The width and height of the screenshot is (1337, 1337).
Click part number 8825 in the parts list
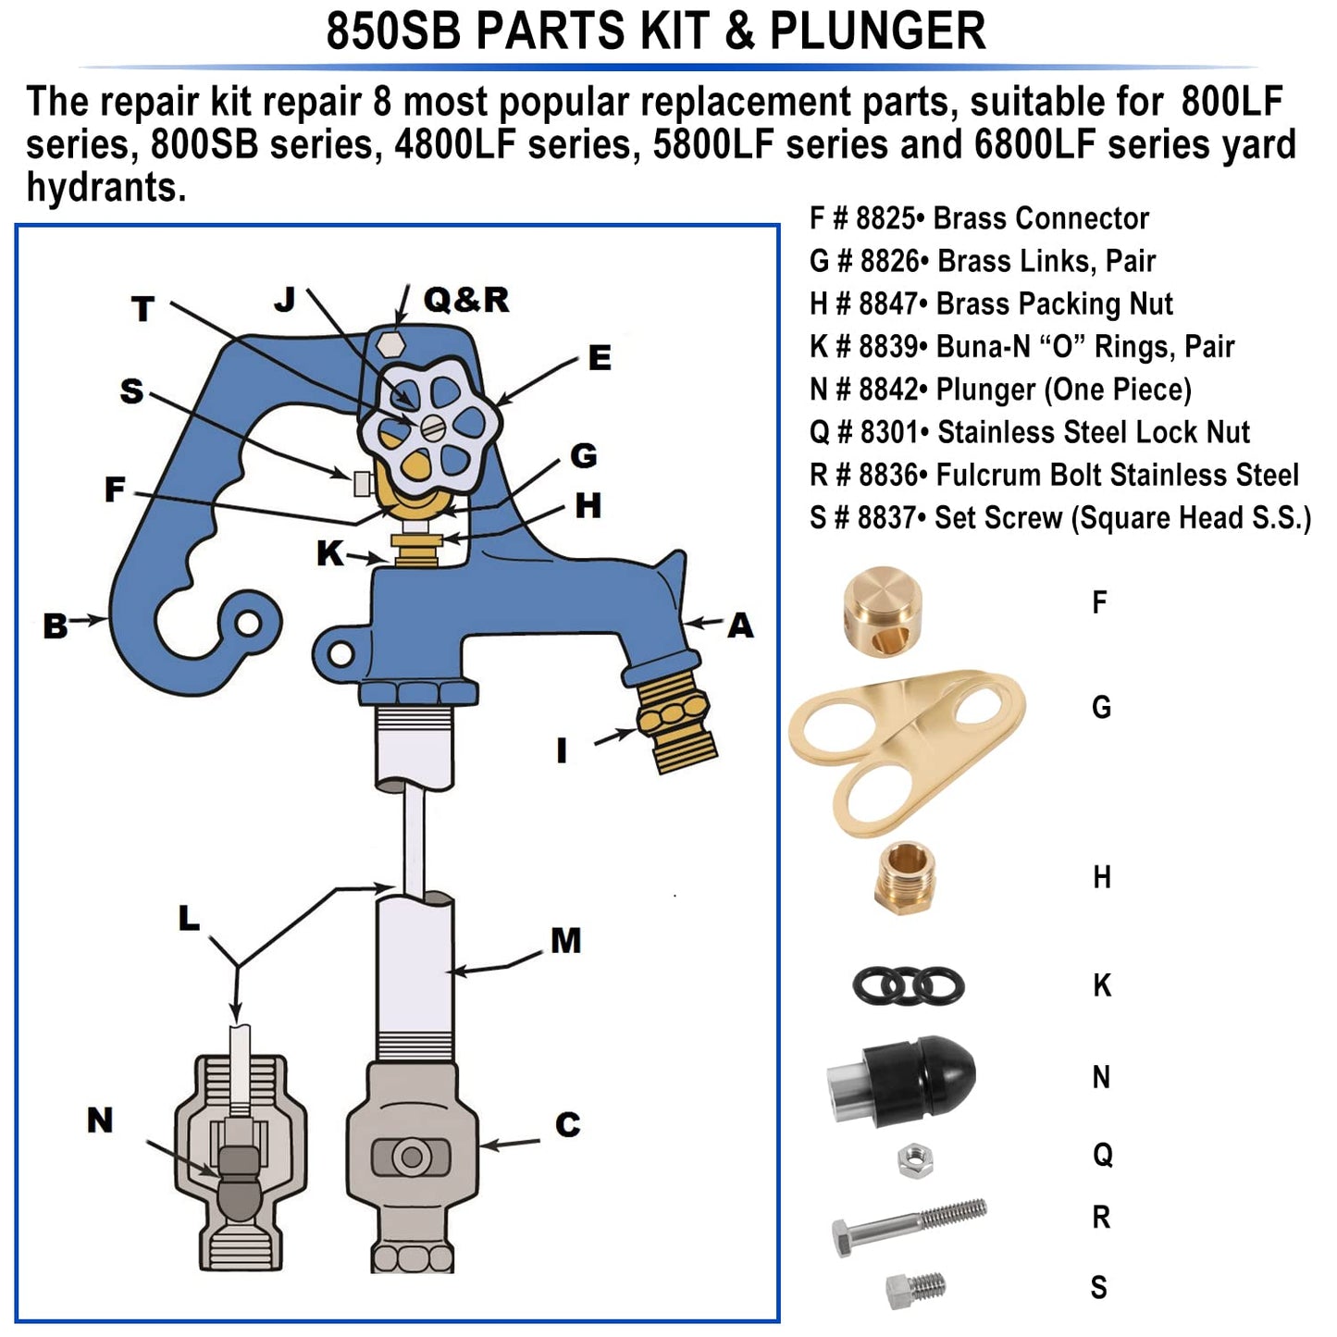885,218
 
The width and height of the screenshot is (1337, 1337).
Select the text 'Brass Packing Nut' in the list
1054,303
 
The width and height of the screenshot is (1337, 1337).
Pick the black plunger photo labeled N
902,1079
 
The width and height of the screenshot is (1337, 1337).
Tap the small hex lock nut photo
914,1159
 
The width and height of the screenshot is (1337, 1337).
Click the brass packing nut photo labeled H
904,877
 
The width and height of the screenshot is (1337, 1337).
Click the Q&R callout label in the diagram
466,300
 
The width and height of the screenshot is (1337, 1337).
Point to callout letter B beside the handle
56,626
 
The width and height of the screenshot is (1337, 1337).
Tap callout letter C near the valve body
567,1125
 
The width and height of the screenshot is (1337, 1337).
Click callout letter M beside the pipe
565,941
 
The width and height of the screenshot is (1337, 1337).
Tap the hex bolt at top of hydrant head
392,343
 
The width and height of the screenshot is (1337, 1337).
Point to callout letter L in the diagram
189,919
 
